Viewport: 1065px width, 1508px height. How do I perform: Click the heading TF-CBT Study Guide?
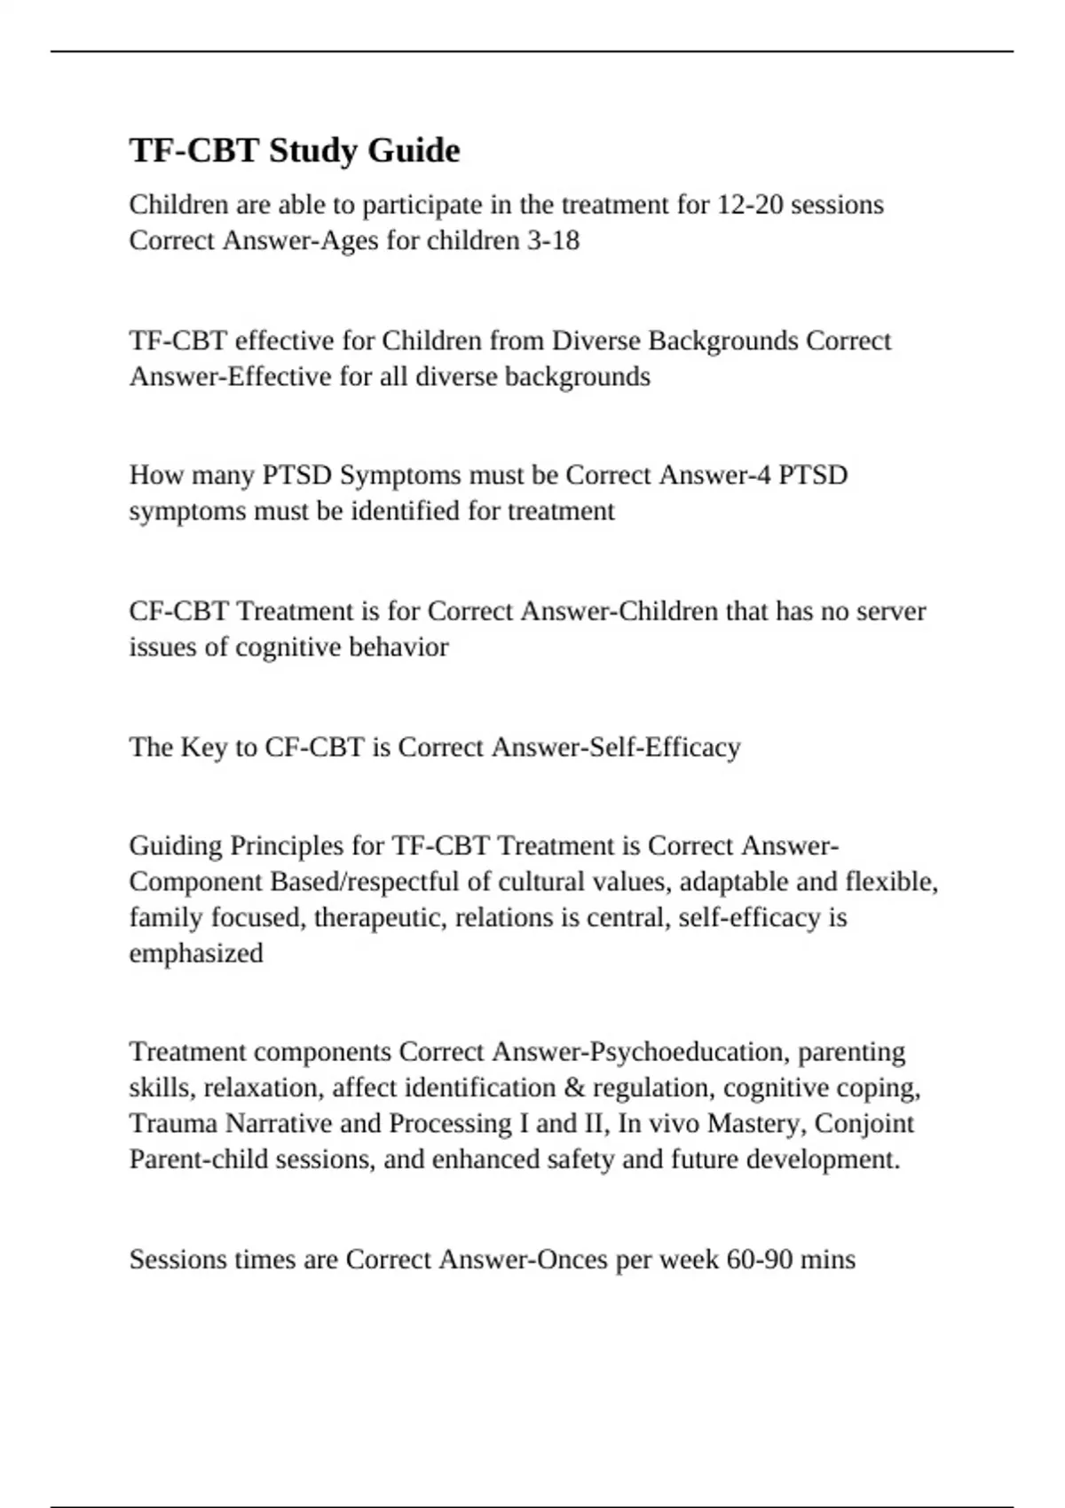click(x=295, y=151)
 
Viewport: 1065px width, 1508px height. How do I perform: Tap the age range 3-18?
click(x=553, y=240)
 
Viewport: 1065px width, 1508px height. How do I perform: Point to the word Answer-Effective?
click(x=230, y=377)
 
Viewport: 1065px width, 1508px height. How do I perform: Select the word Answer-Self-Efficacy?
click(x=615, y=748)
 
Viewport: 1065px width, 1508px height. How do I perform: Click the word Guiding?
click(x=176, y=845)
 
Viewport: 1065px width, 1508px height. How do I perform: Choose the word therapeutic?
click(x=380, y=917)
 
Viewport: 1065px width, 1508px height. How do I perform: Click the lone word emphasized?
click(x=196, y=954)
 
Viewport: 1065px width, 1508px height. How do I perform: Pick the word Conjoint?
click(x=864, y=1124)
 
